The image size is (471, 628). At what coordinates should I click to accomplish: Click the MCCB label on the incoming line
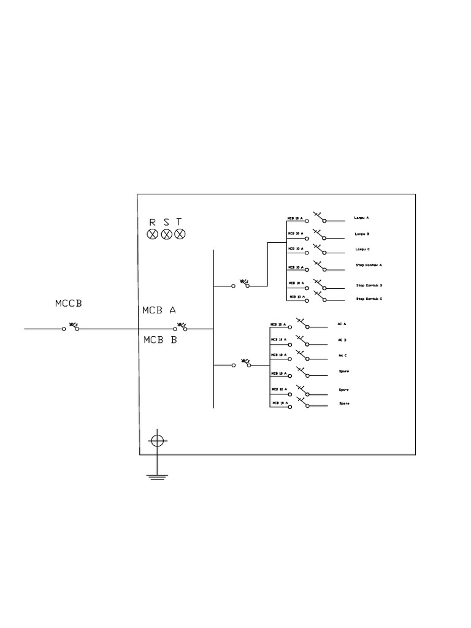tap(67, 303)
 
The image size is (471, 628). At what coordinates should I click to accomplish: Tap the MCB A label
tap(159, 310)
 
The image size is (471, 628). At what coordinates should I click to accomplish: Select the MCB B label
tap(159, 339)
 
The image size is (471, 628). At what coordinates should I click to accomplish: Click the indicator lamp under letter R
tap(153, 234)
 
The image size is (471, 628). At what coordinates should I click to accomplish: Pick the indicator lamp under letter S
tap(166, 234)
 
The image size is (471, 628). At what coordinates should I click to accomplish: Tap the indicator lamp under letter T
tap(180, 234)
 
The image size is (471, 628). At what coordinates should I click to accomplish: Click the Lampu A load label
tap(362, 218)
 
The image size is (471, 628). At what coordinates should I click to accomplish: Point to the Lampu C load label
tap(362, 250)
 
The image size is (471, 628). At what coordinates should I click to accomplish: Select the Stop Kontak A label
tap(369, 266)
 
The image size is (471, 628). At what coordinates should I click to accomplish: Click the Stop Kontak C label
tap(369, 299)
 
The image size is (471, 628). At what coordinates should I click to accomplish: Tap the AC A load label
tap(342, 324)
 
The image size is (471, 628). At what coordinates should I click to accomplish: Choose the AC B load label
tap(342, 340)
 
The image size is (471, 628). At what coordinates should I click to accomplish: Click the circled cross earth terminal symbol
tap(158, 440)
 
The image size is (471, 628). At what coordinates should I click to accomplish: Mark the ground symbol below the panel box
tap(158, 475)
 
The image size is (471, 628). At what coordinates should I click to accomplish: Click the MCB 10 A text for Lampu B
tap(295, 234)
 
